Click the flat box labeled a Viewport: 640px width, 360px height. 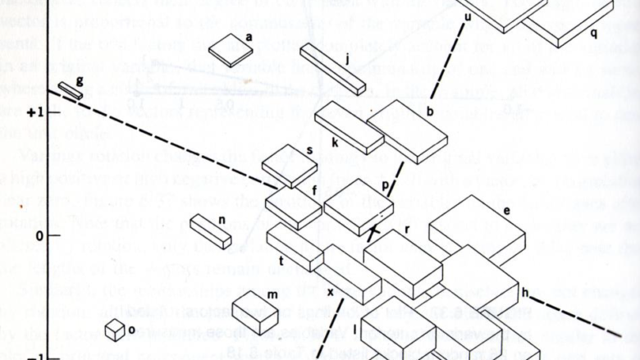click(231, 52)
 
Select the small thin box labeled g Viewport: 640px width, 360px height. click(70, 91)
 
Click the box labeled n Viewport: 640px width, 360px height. click(210, 230)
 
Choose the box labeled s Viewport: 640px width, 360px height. click(289, 166)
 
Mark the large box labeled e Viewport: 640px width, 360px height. click(477, 230)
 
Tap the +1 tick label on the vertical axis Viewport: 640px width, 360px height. click(34, 112)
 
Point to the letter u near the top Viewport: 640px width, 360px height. click(468, 16)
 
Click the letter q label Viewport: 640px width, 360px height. click(593, 34)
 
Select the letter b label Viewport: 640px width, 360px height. click(430, 111)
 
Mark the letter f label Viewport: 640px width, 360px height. click(313, 191)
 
